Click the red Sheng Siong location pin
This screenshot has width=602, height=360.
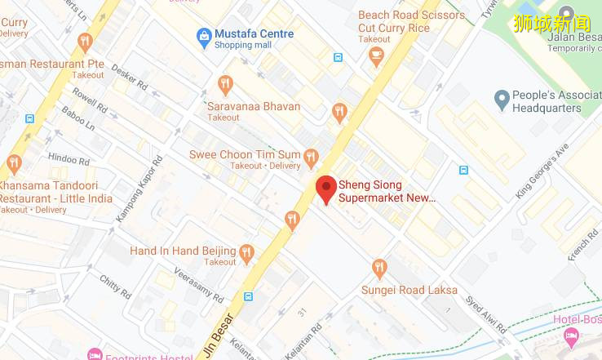tap(326, 189)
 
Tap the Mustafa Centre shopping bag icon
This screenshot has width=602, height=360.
tap(203, 36)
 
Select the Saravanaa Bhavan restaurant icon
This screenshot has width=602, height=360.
tap(226, 84)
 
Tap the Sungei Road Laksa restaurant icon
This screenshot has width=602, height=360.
tap(378, 268)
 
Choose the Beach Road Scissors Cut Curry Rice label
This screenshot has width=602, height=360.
tap(411, 21)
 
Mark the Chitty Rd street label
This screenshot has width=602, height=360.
tap(115, 285)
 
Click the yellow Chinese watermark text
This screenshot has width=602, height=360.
tap(551, 23)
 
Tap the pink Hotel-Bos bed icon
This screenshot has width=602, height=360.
tap(571, 336)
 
